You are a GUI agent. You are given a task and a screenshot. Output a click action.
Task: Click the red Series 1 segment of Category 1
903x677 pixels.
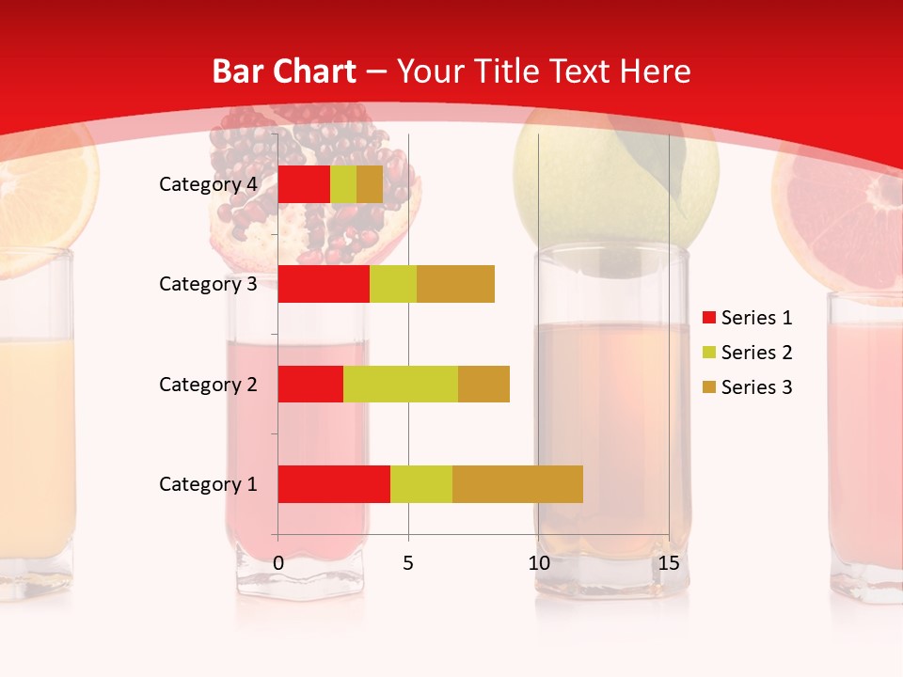334,483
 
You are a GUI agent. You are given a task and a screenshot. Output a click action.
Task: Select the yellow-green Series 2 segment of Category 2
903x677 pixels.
401,384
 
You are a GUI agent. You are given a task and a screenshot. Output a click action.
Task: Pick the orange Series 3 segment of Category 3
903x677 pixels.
455,284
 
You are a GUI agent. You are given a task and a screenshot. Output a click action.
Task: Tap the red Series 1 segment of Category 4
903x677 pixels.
304,184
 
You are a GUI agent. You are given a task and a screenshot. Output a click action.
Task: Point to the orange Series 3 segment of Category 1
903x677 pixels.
517,483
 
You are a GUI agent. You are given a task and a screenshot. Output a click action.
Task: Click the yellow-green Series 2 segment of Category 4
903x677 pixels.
343,184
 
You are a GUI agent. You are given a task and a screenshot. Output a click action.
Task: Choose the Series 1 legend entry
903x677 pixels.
748,318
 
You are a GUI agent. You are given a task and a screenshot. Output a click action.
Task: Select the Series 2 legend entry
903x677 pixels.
748,353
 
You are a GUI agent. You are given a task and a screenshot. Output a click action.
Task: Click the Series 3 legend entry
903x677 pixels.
748,387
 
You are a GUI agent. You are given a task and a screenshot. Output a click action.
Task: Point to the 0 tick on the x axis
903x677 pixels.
278,563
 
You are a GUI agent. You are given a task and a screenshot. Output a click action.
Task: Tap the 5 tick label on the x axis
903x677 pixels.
408,563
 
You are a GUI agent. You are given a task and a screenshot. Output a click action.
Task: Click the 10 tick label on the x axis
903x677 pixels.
538,563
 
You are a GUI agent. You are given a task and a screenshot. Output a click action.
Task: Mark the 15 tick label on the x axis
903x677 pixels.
669,563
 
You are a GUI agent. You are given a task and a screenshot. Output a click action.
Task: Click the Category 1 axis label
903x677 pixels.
208,484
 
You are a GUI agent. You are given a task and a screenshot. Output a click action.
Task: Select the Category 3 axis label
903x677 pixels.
208,284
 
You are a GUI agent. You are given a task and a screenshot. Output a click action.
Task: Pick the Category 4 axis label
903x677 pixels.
208,184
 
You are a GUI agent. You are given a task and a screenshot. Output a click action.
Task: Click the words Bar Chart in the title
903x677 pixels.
284,71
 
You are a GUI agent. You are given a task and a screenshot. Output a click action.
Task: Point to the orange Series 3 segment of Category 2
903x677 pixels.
483,384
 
